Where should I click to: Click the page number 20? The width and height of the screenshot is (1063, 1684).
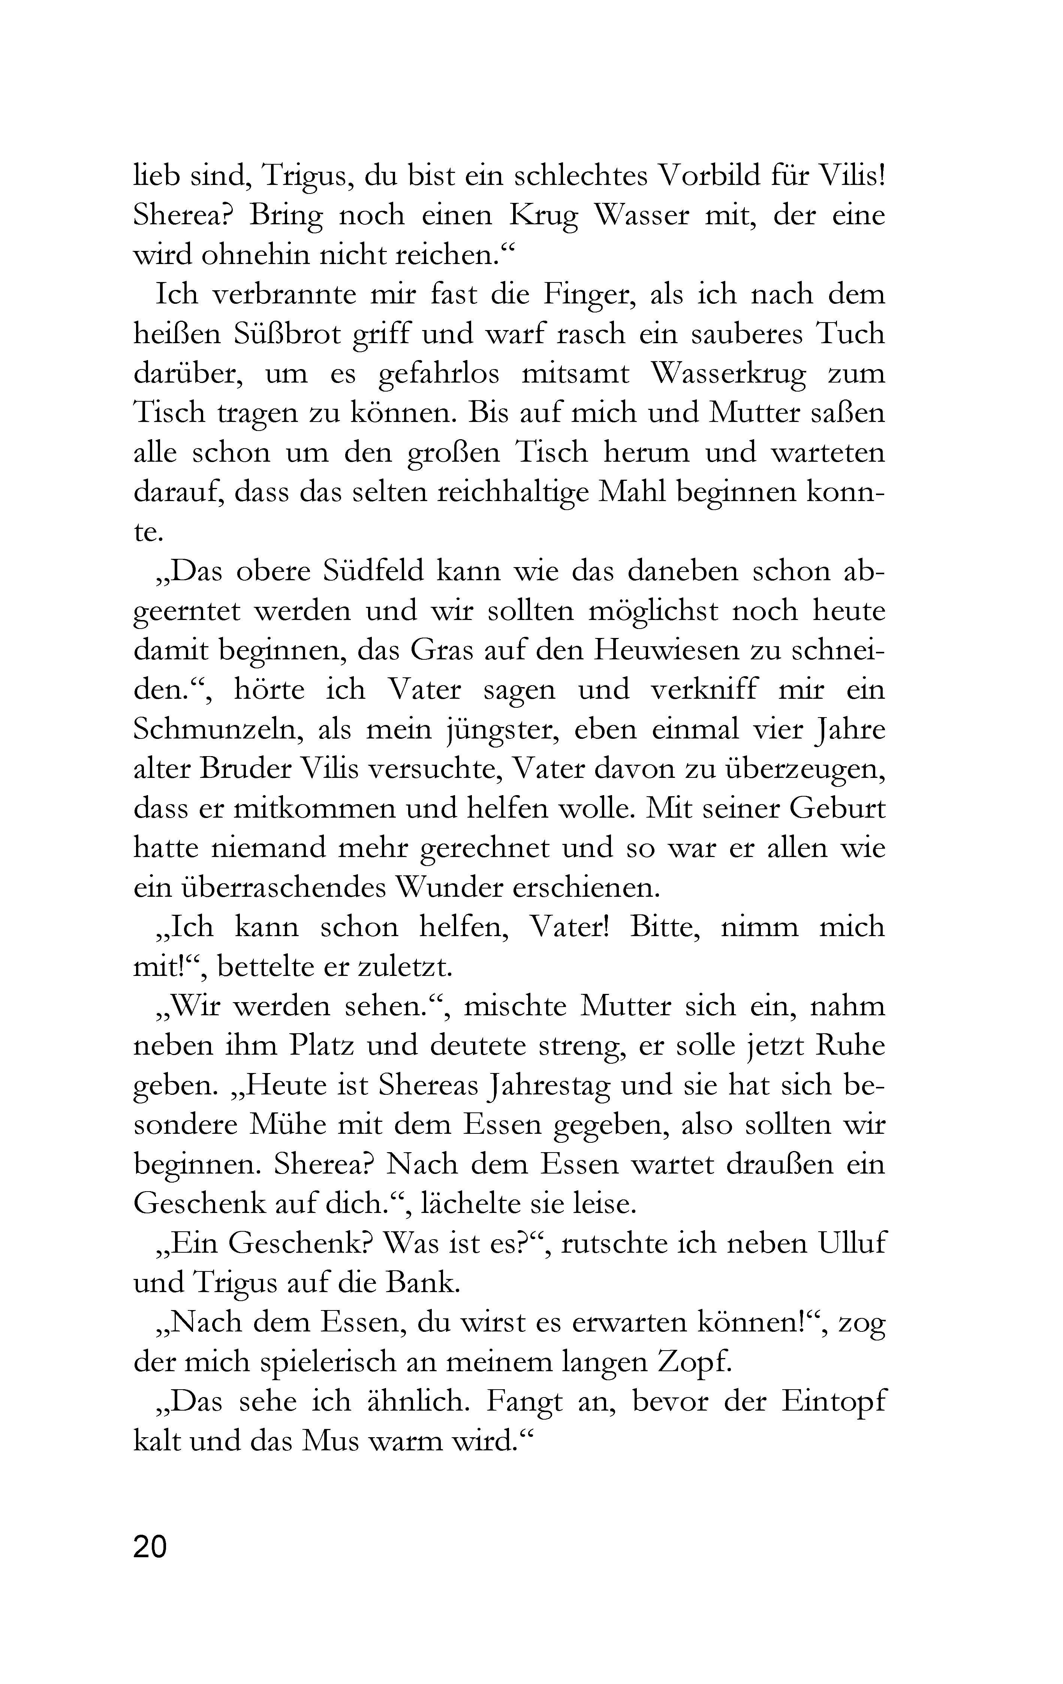tap(150, 1547)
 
